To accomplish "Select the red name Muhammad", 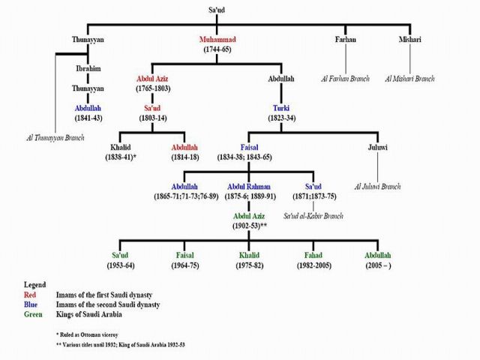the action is click(x=216, y=38).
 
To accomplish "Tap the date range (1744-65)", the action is click(x=216, y=49).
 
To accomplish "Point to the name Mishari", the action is click(x=409, y=38).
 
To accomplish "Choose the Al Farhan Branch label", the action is click(x=346, y=78).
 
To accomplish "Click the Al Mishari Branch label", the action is click(x=409, y=78).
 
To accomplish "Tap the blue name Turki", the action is click(x=281, y=108).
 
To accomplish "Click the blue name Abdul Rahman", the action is click(x=249, y=186).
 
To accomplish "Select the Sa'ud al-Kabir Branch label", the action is click(x=313, y=216).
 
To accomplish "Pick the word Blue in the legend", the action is click(x=24, y=305).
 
